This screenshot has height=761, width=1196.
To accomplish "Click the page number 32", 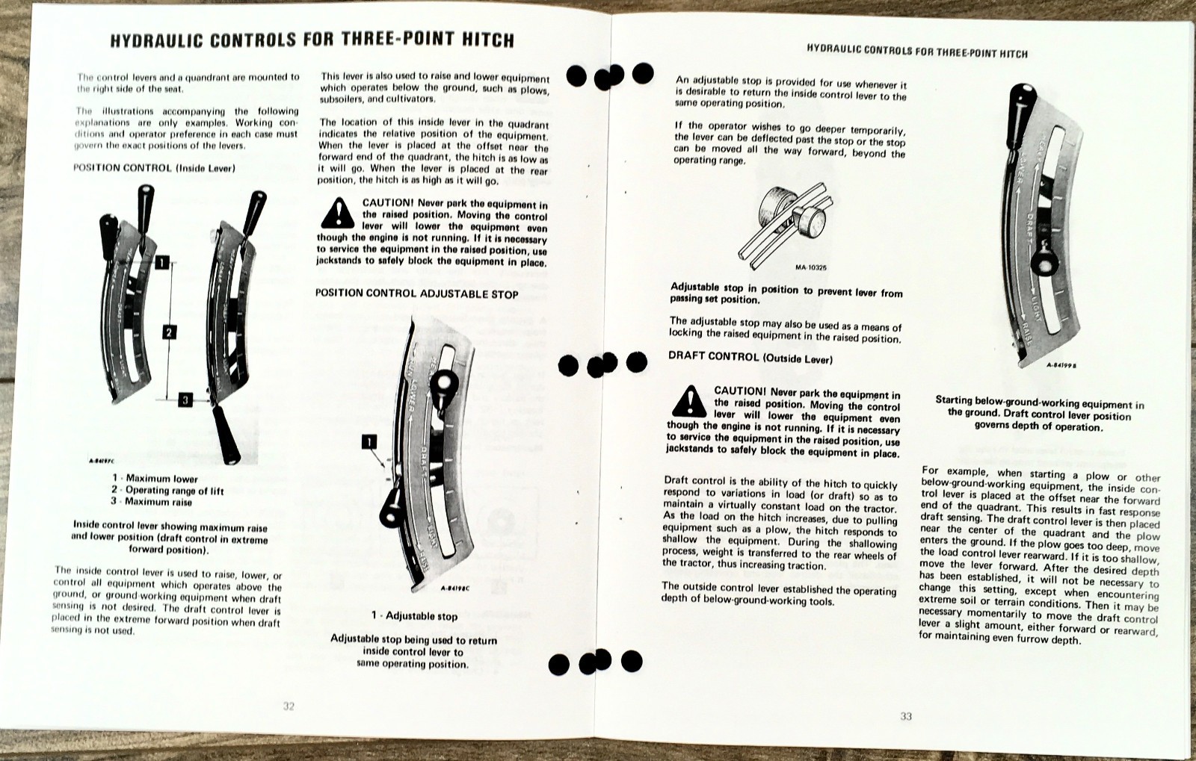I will tap(289, 706).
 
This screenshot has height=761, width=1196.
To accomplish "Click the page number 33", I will tap(906, 716).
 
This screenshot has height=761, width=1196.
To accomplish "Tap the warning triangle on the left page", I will tap(337, 214).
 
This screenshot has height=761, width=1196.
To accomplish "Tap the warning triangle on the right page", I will tap(688, 402).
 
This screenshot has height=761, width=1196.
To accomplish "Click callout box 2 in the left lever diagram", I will tap(170, 332).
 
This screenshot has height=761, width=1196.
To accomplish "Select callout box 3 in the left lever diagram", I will tap(185, 400).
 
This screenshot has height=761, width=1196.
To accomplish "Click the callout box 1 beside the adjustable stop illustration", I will tap(369, 442).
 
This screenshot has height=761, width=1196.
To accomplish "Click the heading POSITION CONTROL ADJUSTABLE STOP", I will tap(416, 293).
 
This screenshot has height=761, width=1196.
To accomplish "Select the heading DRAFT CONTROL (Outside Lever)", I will tap(750, 358).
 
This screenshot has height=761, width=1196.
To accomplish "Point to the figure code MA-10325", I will tap(810, 267).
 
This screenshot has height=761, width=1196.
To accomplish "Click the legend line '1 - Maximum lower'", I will tap(155, 479).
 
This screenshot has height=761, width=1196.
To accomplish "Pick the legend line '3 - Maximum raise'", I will tap(152, 502).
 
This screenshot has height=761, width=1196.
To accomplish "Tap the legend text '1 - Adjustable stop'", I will tap(414, 616).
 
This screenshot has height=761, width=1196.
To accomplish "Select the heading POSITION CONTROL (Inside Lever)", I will tap(154, 168).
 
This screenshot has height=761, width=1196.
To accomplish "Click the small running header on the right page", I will tap(916, 52).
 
